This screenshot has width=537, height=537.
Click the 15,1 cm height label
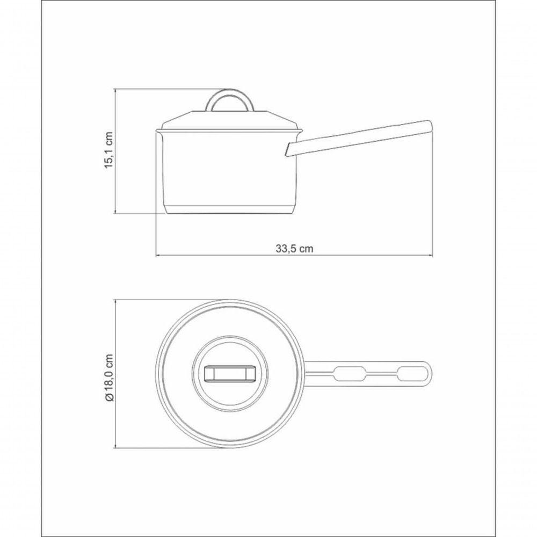109,150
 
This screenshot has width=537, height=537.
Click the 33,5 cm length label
294,249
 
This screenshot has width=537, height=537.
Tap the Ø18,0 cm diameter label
109,377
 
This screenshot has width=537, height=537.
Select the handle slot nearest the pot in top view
347,373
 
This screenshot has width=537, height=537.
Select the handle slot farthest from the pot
412,373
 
